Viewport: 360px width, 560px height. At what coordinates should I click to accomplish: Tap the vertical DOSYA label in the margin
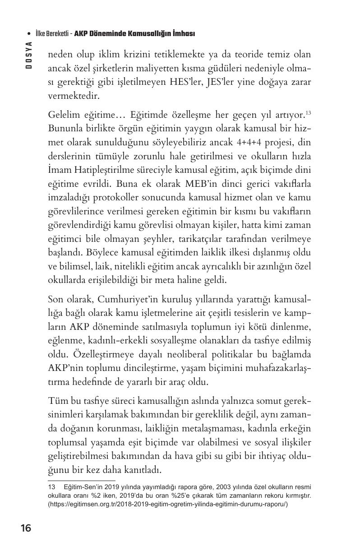pyautogui.click(x=28, y=55)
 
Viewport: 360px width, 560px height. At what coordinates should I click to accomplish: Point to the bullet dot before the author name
pyautogui.click(x=29, y=34)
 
